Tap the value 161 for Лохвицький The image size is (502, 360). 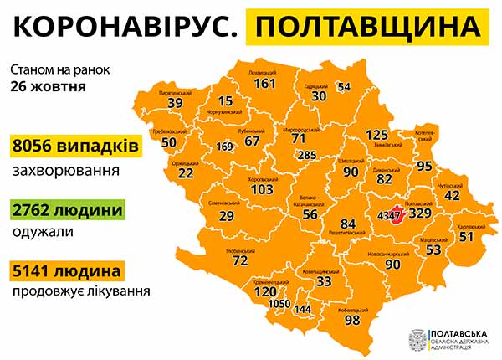click(x=264, y=84)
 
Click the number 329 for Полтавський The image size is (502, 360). click(x=419, y=214)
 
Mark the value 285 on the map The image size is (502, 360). click(x=307, y=155)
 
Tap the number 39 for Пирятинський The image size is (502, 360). click(x=175, y=103)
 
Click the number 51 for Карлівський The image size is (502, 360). click(x=466, y=237)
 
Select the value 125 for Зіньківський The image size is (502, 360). click(x=377, y=135)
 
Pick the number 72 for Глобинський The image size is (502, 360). click(x=240, y=261)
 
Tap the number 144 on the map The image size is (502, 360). click(x=303, y=310)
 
